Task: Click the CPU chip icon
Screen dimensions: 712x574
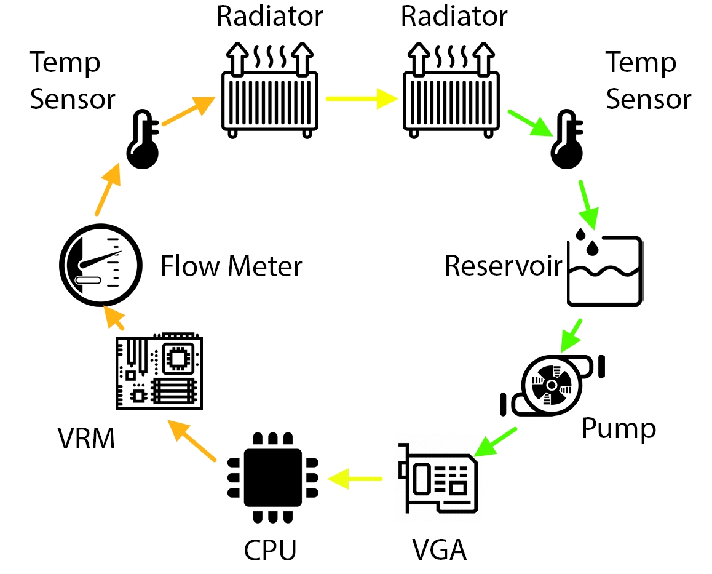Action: click(x=272, y=477)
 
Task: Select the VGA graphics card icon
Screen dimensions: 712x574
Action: click(x=438, y=479)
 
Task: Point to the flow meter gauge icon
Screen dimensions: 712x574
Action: click(x=101, y=265)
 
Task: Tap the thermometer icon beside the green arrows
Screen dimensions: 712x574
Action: click(x=567, y=139)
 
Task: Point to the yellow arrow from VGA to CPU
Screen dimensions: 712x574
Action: click(x=355, y=479)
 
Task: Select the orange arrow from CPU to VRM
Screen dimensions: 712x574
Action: click(x=192, y=440)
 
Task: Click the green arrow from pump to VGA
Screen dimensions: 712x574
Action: click(x=495, y=442)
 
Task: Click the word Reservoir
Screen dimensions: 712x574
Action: click(x=503, y=266)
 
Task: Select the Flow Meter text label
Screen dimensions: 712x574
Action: click(x=231, y=266)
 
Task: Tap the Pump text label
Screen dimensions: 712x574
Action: click(x=619, y=429)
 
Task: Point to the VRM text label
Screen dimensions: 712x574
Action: click(x=86, y=439)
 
